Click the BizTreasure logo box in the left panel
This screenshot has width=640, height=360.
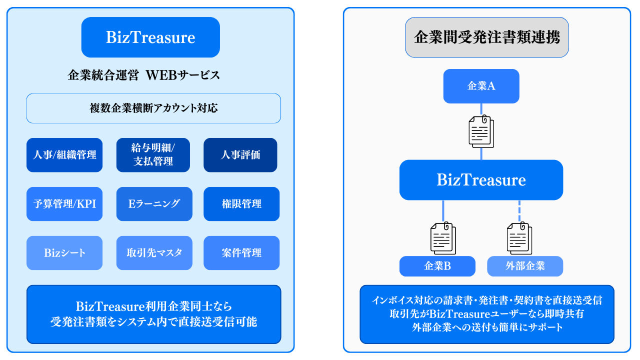tap(150, 37)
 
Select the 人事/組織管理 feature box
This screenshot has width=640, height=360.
tap(64, 155)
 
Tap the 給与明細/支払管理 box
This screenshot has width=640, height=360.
tap(153, 155)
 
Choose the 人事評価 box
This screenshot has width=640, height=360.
tap(240, 155)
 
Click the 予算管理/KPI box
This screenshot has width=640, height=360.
tap(64, 204)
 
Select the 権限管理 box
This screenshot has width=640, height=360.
tap(241, 204)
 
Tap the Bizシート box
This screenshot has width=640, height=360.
tap(64, 253)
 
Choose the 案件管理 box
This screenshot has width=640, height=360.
tap(241, 253)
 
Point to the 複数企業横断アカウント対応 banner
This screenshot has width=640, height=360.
tap(153, 108)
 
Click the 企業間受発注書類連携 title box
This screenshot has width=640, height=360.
tap(486, 37)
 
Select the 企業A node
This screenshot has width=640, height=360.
tap(481, 86)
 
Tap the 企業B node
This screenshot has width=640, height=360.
tap(437, 266)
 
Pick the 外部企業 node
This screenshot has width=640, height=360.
tap(525, 266)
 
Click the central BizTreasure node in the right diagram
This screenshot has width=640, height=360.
tap(481, 180)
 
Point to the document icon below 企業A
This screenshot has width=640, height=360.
tap(481, 131)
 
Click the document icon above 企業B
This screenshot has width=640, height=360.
tap(443, 238)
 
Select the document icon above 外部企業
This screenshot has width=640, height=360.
tap(520, 238)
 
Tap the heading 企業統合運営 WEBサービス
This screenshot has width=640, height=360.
tap(143, 75)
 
